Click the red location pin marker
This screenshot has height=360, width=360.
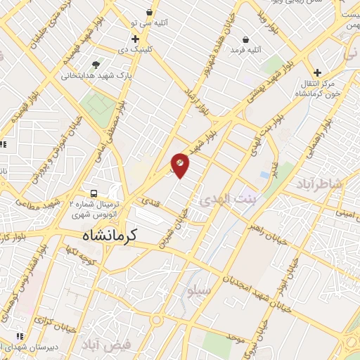pos(180,165)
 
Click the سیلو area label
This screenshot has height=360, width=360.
pos(195,289)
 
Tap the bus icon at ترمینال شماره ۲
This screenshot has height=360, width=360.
pos(92,193)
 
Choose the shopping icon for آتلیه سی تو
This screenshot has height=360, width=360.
pos(149,12)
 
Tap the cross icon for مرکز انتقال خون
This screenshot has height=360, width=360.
pos(318,72)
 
